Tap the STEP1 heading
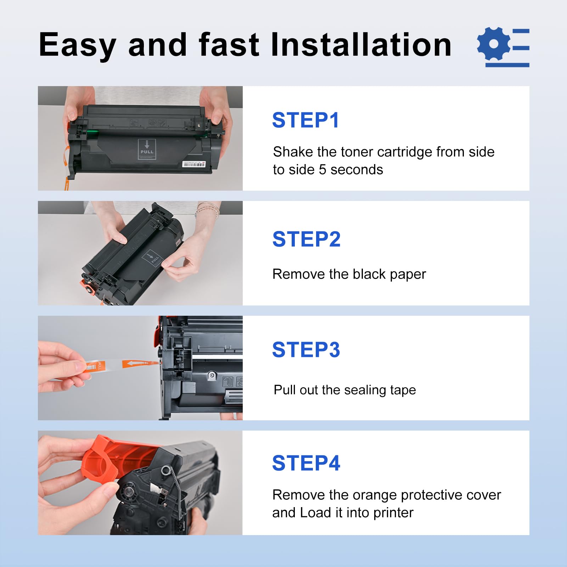(x=305, y=120)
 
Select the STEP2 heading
(x=306, y=239)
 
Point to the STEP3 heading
(x=306, y=350)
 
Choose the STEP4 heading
(x=306, y=463)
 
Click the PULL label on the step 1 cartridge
(x=147, y=149)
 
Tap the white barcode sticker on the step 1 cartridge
(x=193, y=164)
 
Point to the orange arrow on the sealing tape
(x=135, y=364)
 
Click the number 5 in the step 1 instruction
(x=322, y=170)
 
